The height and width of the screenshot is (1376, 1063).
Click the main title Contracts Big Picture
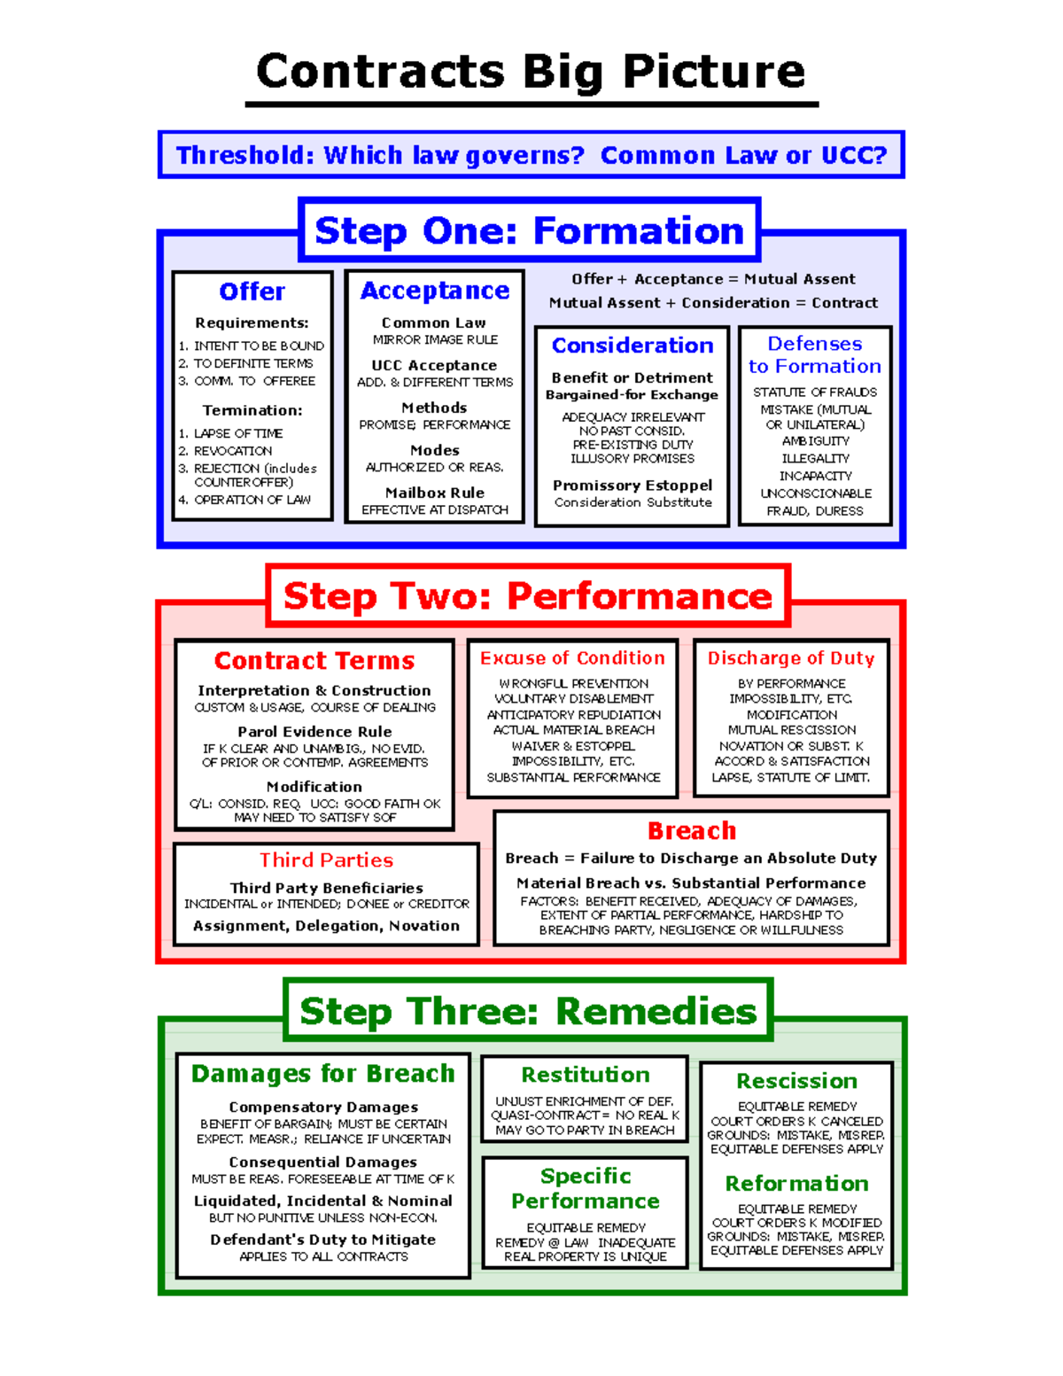[x=531, y=72]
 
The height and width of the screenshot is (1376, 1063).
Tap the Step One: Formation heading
[x=530, y=231]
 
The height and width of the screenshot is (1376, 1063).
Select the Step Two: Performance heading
[x=528, y=596]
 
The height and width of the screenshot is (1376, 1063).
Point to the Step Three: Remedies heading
[x=529, y=1011]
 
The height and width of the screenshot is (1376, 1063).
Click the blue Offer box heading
[x=252, y=292]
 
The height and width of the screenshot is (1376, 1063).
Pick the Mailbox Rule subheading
[x=435, y=493]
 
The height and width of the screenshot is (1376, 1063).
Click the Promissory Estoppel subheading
[x=632, y=486]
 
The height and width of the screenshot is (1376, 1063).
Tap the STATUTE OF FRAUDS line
[x=815, y=392]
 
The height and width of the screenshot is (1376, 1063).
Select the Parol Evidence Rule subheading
[x=314, y=732]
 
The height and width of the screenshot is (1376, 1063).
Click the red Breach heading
[x=692, y=831]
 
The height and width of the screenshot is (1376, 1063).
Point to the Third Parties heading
[x=326, y=860]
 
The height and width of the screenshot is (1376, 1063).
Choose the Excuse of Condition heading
[x=572, y=658]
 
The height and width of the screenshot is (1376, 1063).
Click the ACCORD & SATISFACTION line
[x=792, y=761]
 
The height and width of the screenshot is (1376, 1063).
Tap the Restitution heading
[x=586, y=1075]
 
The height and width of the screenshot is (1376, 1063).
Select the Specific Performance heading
[x=586, y=1188]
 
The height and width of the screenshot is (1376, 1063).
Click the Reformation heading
[x=797, y=1184]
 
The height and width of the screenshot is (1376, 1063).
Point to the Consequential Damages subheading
[x=322, y=1162]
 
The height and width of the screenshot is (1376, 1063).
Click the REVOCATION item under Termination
[x=233, y=451]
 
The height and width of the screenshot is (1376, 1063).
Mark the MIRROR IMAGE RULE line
[x=435, y=340]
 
